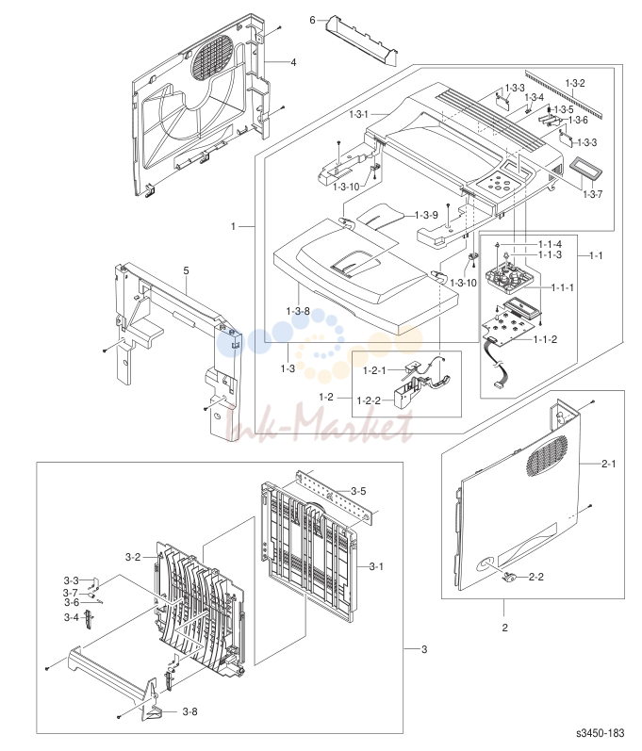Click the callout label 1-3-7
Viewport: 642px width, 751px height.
[593, 194]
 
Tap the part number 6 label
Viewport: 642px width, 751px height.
[312, 20]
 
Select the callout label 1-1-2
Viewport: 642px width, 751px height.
[545, 339]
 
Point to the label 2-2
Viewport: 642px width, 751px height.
[536, 577]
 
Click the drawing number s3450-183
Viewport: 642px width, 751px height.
[601, 733]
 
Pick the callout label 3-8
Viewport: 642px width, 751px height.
[189, 711]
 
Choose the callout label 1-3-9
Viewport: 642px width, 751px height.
[426, 215]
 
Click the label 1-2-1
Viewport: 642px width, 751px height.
[374, 370]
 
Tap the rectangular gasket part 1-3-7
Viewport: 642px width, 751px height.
[585, 169]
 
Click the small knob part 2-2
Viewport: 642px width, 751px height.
[509, 577]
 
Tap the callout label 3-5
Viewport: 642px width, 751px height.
[358, 491]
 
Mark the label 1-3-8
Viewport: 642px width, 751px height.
[298, 311]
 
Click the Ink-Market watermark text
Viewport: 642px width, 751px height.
[321, 423]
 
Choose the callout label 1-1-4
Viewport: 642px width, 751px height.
[550, 245]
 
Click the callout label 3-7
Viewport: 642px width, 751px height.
[71, 594]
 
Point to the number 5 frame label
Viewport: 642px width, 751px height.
[186, 271]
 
